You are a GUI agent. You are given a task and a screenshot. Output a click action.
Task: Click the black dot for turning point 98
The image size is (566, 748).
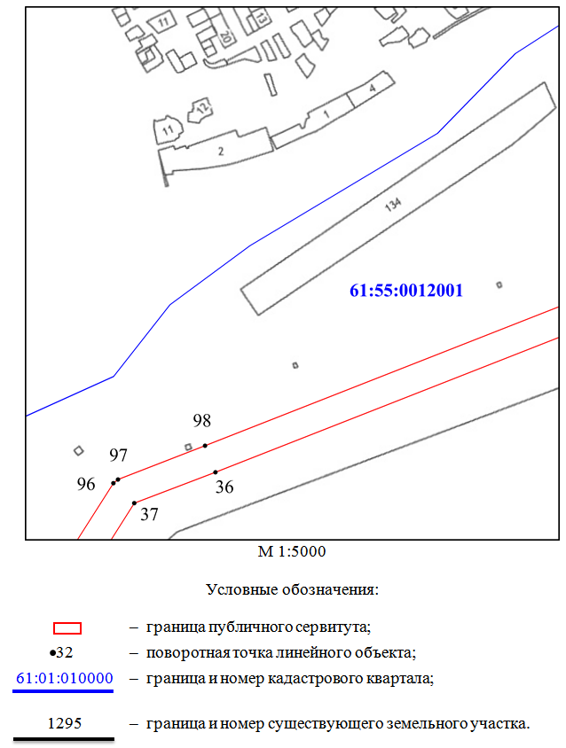point(205,446)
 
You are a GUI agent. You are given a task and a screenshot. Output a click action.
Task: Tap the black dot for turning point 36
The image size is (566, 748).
point(216,472)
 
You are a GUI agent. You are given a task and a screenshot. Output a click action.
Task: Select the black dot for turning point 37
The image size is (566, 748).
point(134,503)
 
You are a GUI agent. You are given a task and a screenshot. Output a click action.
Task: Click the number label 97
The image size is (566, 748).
point(119,456)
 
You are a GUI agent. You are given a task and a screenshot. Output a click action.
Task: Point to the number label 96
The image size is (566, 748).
point(86,484)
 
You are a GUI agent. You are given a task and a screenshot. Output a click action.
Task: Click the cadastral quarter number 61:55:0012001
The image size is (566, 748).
point(406,291)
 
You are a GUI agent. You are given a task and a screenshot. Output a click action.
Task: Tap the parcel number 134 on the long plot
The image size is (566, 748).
point(393,205)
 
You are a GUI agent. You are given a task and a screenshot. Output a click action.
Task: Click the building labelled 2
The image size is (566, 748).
point(216,152)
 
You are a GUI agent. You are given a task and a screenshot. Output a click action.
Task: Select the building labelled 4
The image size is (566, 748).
point(371,89)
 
